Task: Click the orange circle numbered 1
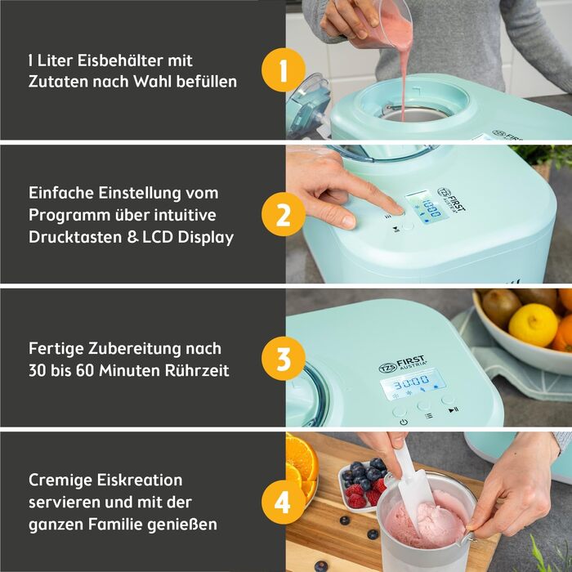tap(284, 69)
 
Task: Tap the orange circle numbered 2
tap(284, 214)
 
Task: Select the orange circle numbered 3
tap(284, 359)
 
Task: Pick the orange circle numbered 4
tap(284, 502)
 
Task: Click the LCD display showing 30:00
tap(413, 385)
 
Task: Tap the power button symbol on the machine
tap(404, 422)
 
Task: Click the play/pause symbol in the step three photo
tap(454, 410)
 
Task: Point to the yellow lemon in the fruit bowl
tap(533, 324)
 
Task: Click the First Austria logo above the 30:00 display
tap(402, 364)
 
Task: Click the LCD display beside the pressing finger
tap(427, 207)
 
